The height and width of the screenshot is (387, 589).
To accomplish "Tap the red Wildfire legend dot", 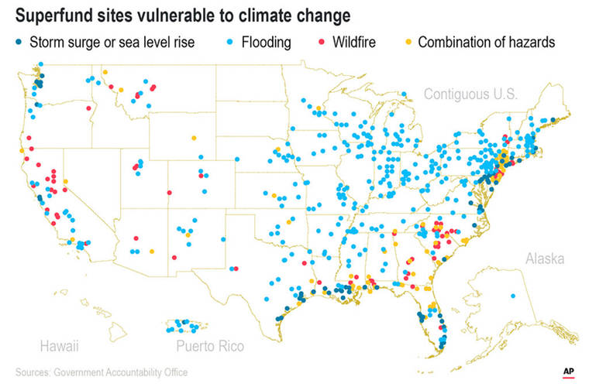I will point(308,42).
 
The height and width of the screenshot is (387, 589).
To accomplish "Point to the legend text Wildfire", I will point(348,42).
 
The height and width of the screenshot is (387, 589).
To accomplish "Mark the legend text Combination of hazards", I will point(487,42).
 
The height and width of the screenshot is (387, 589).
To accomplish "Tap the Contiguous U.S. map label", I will point(470,94).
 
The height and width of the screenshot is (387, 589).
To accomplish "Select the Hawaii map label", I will point(59,345).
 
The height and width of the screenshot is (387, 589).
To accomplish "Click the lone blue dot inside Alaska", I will point(513,296).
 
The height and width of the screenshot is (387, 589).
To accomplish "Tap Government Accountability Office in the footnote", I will point(121,372).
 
